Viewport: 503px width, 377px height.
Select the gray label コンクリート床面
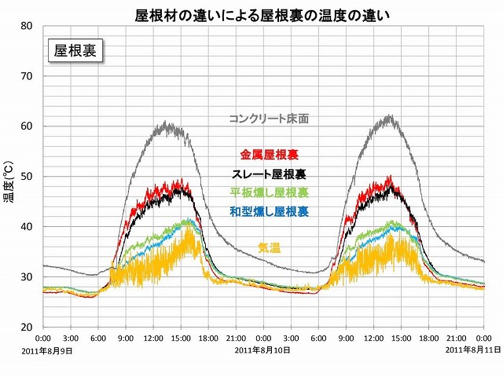(x=269, y=119)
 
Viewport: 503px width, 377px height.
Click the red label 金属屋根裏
(x=269, y=155)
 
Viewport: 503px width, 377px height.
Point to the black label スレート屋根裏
(x=269, y=174)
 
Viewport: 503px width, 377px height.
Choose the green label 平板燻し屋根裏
(x=269, y=192)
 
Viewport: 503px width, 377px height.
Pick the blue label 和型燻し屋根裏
(x=269, y=211)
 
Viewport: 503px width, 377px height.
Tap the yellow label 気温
(x=269, y=248)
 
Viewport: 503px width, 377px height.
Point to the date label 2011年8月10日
(x=263, y=351)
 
